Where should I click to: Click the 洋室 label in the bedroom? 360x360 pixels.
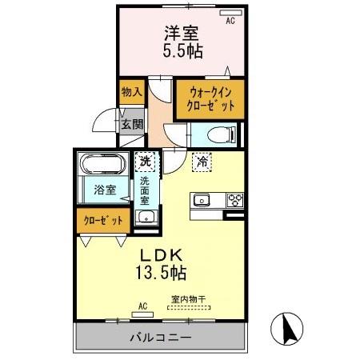coord(183,34)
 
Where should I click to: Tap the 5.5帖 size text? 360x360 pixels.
coord(183,51)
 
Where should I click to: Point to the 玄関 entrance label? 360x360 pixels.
coord(132,124)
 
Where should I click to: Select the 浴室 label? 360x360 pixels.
coord(105,190)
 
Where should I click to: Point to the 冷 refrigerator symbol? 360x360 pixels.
coord(202,161)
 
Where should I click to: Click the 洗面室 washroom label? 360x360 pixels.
coord(146,191)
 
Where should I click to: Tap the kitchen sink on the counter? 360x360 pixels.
coord(200,200)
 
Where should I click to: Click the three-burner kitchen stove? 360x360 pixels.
coord(234,200)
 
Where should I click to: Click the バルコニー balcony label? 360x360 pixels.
coord(160,337)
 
